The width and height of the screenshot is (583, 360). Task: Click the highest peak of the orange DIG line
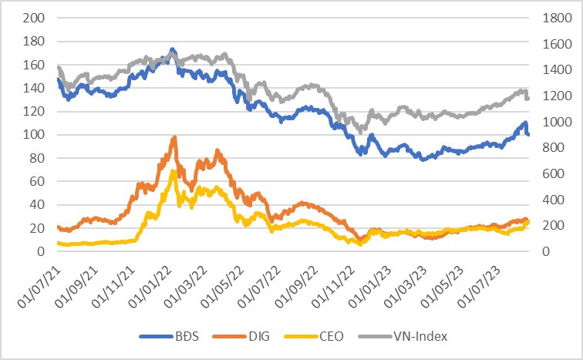tap(175, 137)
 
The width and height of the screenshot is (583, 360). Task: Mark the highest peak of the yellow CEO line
tap(174, 171)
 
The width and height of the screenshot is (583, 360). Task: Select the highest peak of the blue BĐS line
tap(172, 49)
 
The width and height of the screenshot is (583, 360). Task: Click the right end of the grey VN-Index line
tap(527, 98)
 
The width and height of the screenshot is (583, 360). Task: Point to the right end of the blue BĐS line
tap(528, 135)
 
